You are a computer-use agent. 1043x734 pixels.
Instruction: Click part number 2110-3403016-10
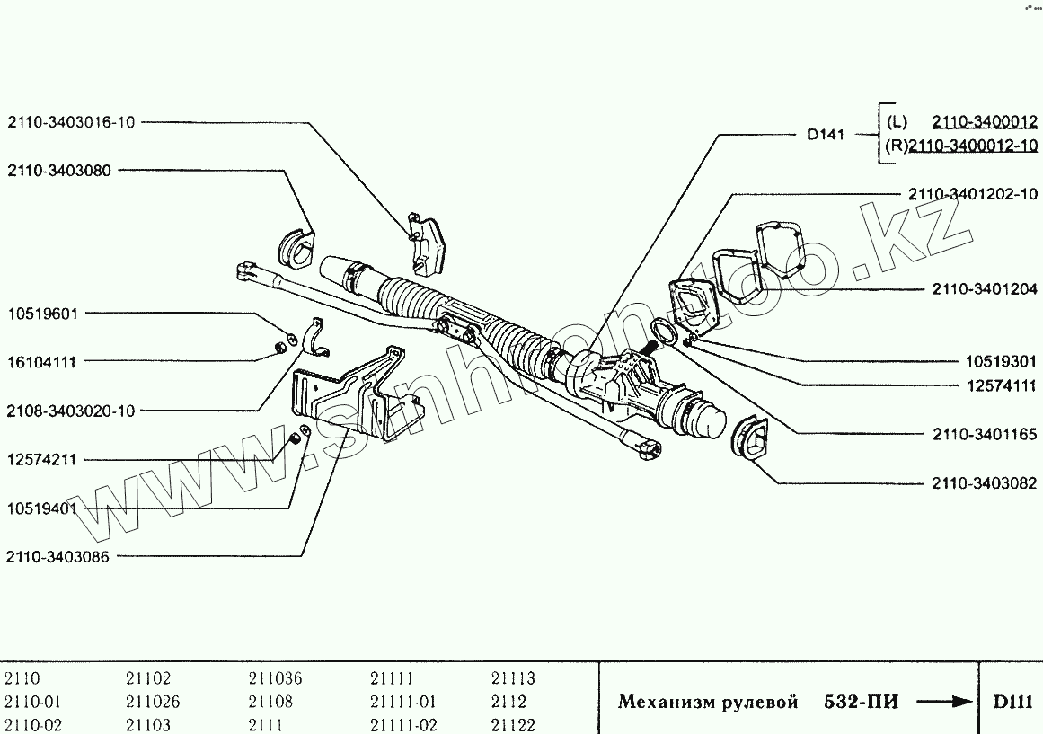tap(72, 122)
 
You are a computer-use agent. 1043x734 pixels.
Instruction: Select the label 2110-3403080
tap(59, 170)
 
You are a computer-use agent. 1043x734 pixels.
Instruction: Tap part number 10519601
tap(42, 314)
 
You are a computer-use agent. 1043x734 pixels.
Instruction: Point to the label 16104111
tap(42, 362)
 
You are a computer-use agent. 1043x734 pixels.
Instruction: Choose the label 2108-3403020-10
tap(71, 411)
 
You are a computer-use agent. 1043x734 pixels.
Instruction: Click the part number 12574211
tap(42, 459)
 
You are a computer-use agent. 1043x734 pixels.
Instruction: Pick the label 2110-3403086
tap(57, 557)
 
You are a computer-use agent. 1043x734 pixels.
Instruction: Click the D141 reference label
tap(826, 136)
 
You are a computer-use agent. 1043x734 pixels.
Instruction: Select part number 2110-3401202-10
tap(972, 194)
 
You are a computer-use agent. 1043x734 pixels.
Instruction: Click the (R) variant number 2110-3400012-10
tap(973, 146)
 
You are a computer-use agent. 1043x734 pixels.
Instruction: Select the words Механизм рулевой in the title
tap(707, 703)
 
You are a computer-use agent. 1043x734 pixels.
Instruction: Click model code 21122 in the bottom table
tap(513, 725)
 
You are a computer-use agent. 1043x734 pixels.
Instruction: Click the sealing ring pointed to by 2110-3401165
tap(663, 331)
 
